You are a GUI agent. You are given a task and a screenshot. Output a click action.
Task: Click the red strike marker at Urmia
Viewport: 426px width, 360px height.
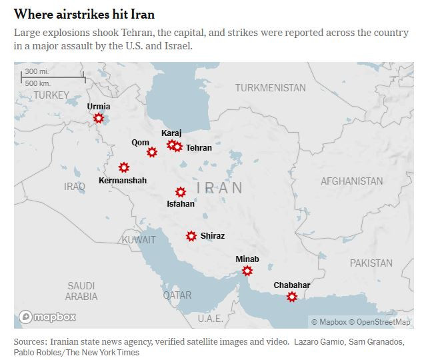coord(99,118)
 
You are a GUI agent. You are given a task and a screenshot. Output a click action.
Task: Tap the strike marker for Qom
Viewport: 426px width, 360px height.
coord(152,152)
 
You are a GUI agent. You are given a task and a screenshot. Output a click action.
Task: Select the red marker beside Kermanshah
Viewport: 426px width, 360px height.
coord(123,167)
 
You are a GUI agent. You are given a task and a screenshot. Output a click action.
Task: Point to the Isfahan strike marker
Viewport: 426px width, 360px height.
coord(181,192)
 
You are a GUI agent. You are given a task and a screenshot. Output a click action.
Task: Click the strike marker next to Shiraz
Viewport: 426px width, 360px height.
coord(191,236)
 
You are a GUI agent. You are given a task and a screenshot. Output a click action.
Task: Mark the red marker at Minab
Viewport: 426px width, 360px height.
coord(247,271)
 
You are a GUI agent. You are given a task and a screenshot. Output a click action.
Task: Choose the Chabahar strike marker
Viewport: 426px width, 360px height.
coord(292,297)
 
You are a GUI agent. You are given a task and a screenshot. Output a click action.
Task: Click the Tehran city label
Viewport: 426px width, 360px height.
coord(199,148)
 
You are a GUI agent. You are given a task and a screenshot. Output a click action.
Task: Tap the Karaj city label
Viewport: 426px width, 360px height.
coord(171,133)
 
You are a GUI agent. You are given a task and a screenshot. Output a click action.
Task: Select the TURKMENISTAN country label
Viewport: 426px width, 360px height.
coord(270,88)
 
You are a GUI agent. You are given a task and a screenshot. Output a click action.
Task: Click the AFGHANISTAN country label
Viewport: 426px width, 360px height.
coord(351,181)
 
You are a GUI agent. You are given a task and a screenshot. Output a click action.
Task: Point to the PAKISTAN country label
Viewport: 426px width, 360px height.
coord(371,263)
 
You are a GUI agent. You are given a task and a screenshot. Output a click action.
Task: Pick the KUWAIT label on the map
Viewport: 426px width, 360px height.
coord(139,239)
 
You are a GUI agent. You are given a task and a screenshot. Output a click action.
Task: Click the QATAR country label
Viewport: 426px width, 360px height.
coord(177,295)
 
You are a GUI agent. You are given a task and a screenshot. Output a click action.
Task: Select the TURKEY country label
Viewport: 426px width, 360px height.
coord(51,95)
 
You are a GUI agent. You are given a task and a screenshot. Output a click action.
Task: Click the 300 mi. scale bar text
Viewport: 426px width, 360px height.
coord(36,72)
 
